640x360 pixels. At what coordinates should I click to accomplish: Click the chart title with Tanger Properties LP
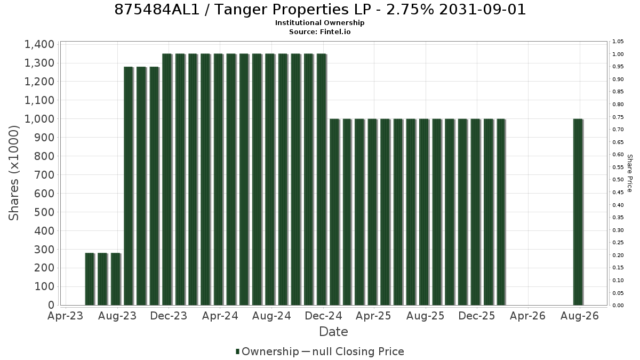[x=320, y=10]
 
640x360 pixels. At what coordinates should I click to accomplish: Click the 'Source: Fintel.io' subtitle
[x=319, y=31]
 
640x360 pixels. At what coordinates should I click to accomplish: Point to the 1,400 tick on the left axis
[x=39, y=44]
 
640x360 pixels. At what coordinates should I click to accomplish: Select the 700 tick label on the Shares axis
[x=44, y=175]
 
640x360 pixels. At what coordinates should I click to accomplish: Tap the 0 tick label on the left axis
[x=51, y=305]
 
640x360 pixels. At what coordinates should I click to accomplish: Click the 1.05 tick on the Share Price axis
[x=618, y=42]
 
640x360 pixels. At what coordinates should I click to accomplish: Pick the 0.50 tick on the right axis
[x=618, y=180]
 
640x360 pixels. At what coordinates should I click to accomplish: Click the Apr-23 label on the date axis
[x=66, y=316]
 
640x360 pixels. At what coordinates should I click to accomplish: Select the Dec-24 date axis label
[x=323, y=316]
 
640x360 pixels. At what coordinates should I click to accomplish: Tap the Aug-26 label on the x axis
[x=579, y=316]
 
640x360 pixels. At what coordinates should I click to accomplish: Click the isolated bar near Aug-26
[x=578, y=212]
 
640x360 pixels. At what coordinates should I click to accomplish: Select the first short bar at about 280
[x=90, y=279]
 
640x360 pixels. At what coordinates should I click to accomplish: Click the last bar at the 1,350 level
[x=322, y=179]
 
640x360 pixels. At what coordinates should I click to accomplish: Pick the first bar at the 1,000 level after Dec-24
[x=335, y=212]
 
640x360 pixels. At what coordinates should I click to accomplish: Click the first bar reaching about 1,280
[x=129, y=186]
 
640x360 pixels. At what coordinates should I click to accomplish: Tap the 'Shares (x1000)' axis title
[x=14, y=173]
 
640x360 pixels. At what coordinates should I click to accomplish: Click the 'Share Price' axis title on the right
[x=629, y=173]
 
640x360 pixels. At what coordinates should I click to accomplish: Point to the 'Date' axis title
[x=333, y=332]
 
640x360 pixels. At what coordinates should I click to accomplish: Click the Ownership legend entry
[x=267, y=351]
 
